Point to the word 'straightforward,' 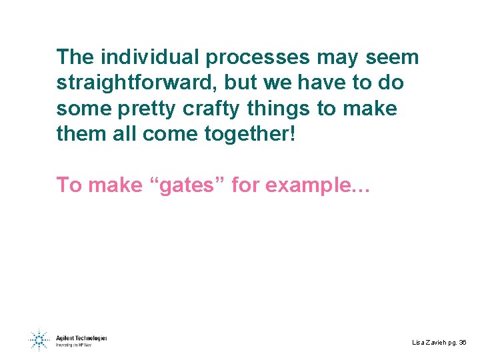(x=137, y=83)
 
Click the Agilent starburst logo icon (x=38, y=341)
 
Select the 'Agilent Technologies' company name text (x=81, y=338)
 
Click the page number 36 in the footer (x=463, y=342)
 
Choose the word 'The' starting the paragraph (x=75, y=57)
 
